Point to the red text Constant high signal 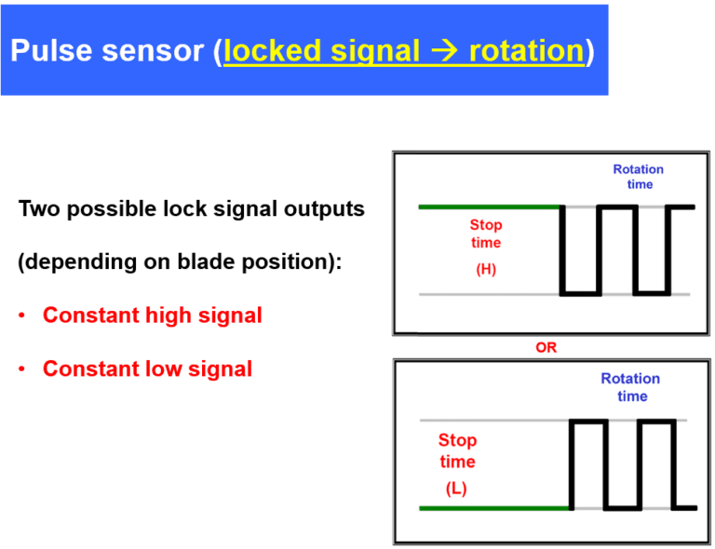[153, 315]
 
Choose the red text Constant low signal [147, 369]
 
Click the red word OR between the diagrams [546, 347]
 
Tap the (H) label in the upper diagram [485, 271]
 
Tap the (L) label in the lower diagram [456, 489]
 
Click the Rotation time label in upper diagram [638, 177]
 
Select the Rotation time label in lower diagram [630, 387]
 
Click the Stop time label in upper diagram [485, 234]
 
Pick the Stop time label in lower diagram [457, 450]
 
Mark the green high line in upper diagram [489, 207]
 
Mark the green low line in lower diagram [493, 508]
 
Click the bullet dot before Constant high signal [21, 316]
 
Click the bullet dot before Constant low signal [21, 370]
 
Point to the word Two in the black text [38, 208]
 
